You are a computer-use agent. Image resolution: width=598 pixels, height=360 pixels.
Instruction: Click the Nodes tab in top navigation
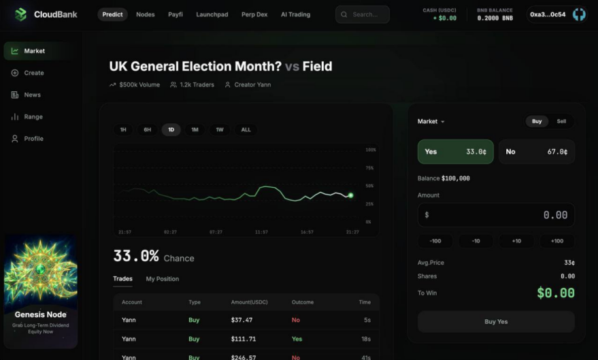(145, 14)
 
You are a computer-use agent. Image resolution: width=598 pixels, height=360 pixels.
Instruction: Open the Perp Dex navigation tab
(254, 14)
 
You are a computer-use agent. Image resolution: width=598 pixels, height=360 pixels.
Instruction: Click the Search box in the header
(363, 14)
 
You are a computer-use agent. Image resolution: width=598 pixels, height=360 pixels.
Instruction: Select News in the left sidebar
(32, 95)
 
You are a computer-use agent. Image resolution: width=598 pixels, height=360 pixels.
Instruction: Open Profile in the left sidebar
(33, 138)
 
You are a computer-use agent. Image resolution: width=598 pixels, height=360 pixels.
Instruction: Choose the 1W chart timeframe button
(220, 129)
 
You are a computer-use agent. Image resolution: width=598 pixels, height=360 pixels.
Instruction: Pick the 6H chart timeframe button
(147, 129)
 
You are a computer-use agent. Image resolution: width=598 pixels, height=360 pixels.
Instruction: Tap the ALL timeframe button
(246, 129)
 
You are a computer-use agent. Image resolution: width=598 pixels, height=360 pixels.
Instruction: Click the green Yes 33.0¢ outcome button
(455, 152)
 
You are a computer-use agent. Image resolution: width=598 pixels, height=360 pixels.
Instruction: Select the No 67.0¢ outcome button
(536, 152)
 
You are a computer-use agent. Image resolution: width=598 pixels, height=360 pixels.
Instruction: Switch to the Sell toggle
(561, 121)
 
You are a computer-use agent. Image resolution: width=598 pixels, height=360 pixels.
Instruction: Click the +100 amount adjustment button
(557, 241)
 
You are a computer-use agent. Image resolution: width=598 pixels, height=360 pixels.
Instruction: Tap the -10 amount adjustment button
(476, 241)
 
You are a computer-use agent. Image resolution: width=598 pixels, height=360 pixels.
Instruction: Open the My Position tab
(162, 278)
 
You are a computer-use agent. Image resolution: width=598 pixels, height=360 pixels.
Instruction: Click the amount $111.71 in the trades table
(244, 338)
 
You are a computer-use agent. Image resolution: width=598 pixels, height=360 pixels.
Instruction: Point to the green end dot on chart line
(351, 195)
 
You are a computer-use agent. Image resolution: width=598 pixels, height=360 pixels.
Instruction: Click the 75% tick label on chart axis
(369, 167)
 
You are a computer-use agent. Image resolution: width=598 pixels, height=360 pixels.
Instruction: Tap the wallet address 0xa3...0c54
(548, 14)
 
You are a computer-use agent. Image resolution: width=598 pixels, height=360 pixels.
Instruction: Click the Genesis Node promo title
(41, 314)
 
